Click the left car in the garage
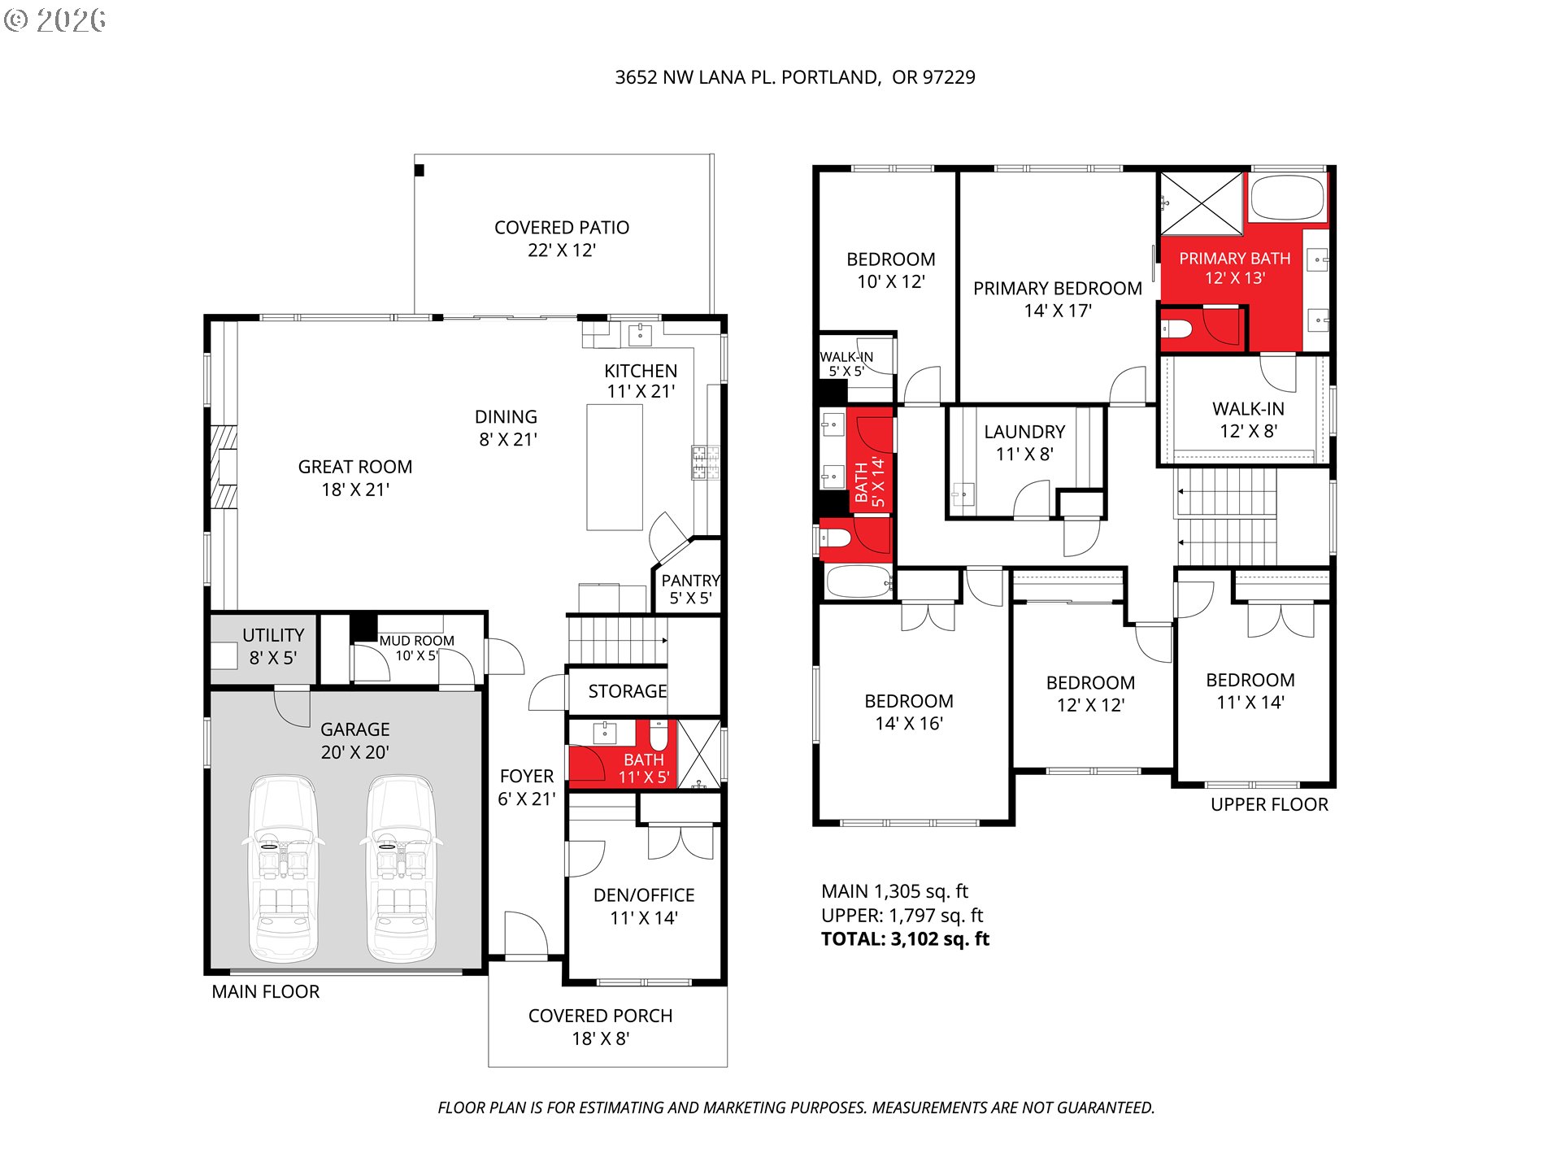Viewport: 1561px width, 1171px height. click(x=283, y=868)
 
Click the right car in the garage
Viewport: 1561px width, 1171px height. click(x=400, y=868)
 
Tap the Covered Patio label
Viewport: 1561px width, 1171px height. click(x=561, y=238)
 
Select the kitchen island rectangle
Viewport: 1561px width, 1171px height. click(x=615, y=467)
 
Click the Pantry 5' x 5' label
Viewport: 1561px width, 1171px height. click(x=689, y=590)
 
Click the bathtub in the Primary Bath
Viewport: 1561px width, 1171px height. click(x=1287, y=198)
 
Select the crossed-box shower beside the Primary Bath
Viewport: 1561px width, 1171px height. click(x=1202, y=203)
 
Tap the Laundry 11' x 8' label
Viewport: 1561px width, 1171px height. click(x=1024, y=442)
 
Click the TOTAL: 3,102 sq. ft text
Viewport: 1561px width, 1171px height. click(x=905, y=939)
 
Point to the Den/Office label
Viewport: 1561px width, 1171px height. click(x=644, y=906)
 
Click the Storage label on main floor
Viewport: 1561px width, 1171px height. click(x=627, y=691)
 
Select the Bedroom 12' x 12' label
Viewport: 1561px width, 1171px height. click(x=1090, y=694)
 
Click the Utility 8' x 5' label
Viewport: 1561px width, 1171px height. click(x=273, y=646)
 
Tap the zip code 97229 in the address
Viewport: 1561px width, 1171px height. click(x=948, y=77)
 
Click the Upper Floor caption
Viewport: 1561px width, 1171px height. click(x=1269, y=804)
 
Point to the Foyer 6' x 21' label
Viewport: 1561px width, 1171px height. click(x=527, y=787)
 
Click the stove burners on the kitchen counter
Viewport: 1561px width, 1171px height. click(x=705, y=462)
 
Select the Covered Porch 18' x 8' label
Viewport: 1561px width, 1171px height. click(x=600, y=1026)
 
